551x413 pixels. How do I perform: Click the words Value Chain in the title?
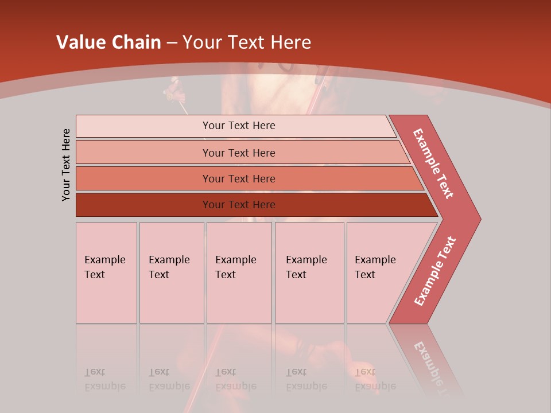click(108, 42)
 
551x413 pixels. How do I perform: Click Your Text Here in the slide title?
click(247, 42)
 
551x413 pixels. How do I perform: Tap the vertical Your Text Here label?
click(66, 165)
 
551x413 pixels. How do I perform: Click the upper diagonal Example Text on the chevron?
click(433, 163)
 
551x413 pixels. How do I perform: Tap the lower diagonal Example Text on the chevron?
click(435, 271)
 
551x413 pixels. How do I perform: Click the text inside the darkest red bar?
click(239, 205)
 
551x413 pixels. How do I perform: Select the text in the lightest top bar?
click(239, 126)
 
